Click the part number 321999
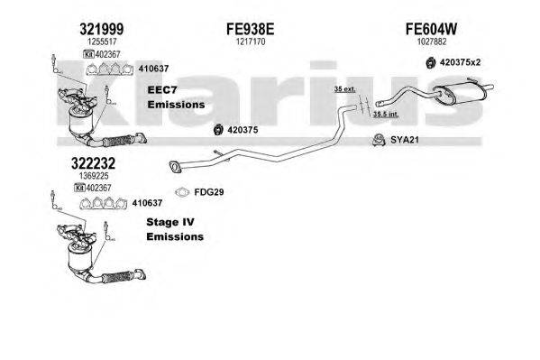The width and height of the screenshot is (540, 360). click(x=101, y=29)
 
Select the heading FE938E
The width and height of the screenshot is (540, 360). click(x=251, y=29)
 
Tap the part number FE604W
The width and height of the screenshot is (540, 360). click(x=431, y=29)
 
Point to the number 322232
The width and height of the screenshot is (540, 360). click(x=93, y=163)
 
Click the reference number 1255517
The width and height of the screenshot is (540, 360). click(x=102, y=42)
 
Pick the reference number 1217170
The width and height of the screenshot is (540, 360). click(x=251, y=42)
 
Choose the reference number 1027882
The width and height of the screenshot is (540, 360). click(x=432, y=42)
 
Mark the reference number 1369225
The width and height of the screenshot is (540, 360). click(x=94, y=176)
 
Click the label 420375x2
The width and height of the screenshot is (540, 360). click(x=460, y=63)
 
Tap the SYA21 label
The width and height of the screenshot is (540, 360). click(x=404, y=140)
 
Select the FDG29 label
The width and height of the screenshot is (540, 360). click(x=209, y=192)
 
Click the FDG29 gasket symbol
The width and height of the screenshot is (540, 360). click(x=182, y=192)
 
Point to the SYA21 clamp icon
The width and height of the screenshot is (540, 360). click(x=379, y=140)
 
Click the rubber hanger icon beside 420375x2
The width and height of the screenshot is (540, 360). click(x=430, y=63)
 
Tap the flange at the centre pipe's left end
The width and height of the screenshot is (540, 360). click(x=175, y=167)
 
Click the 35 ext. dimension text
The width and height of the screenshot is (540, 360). click(x=344, y=89)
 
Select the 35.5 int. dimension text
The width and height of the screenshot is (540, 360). click(x=386, y=115)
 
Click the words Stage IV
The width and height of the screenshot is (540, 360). click(x=170, y=222)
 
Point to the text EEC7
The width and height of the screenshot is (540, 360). click(x=162, y=90)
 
